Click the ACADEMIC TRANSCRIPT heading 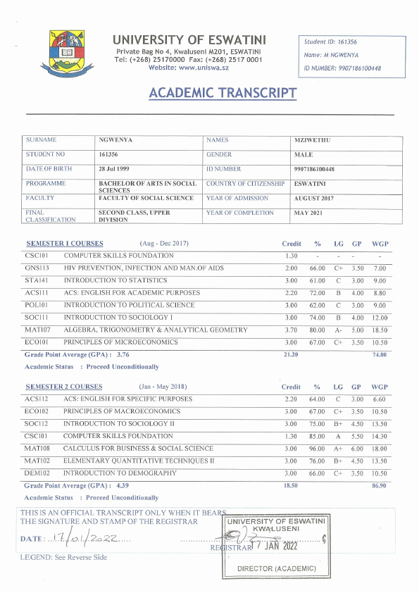click(223, 93)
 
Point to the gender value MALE click(305, 154)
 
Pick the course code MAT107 click(37, 330)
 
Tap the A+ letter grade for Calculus click(338, 448)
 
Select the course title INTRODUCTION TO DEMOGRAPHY click(120, 473)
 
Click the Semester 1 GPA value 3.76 click(123, 355)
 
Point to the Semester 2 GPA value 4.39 click(123, 486)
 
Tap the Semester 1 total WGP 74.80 click(380, 355)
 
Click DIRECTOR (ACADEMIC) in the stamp click(277, 568)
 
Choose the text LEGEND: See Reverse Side click(64, 557)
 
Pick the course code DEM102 click(37, 473)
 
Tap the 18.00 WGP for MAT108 click(380, 448)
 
